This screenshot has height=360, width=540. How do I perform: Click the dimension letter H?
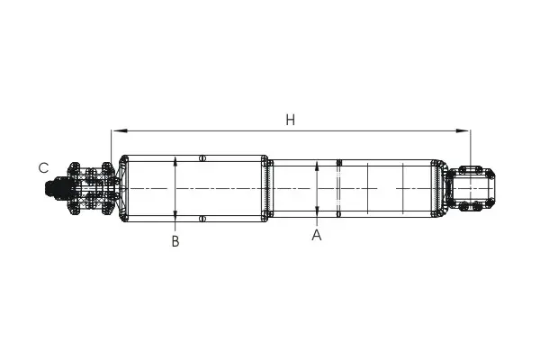click(291, 121)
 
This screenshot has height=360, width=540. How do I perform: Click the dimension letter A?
click(317, 235)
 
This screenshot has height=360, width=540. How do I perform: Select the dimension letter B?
click(175, 241)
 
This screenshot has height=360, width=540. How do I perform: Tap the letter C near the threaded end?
click(43, 168)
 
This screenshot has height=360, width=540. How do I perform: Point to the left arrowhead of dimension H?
click(119, 130)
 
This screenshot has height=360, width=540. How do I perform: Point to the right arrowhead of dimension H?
click(463, 130)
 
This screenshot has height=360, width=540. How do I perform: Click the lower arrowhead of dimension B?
click(175, 214)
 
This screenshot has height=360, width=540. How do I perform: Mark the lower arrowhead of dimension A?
click(317, 211)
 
